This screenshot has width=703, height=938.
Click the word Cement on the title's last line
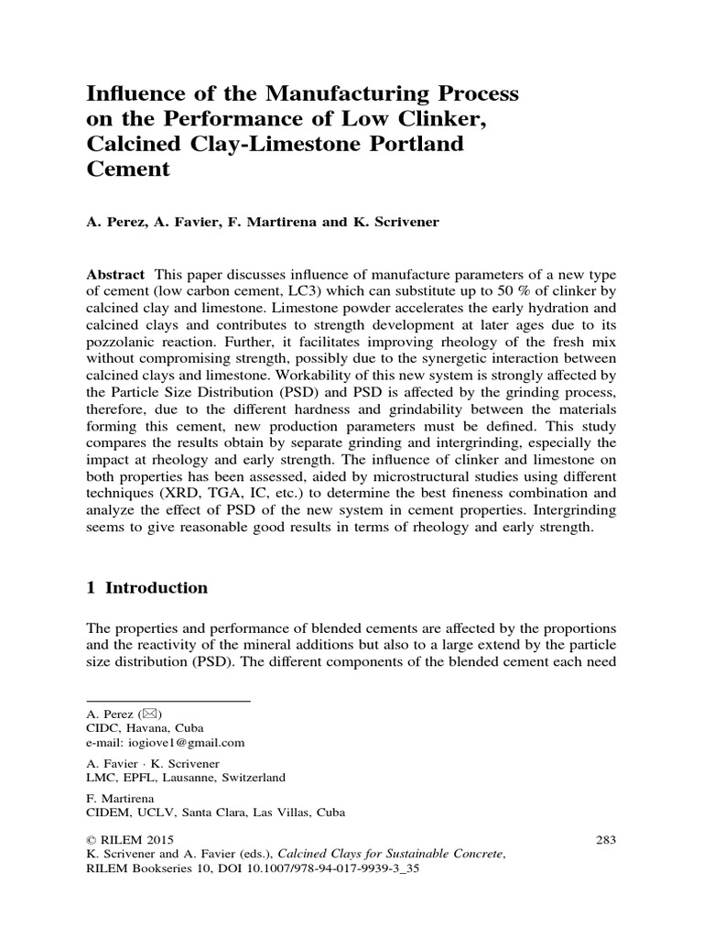pyautogui.click(x=128, y=169)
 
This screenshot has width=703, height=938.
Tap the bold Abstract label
pyautogui.click(x=115, y=276)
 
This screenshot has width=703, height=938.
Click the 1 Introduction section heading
pyautogui.click(x=146, y=588)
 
